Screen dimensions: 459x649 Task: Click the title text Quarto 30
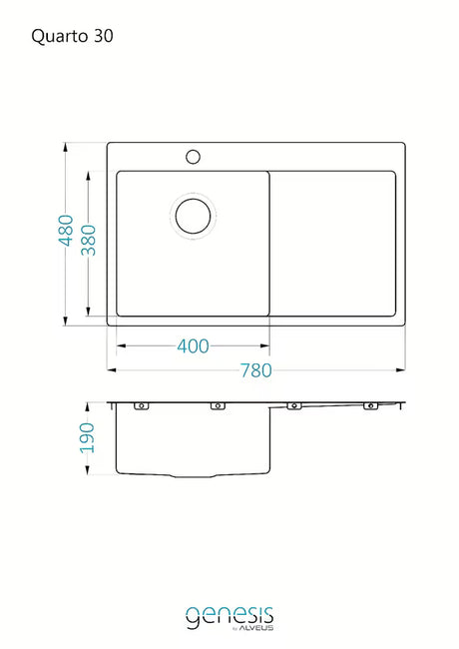(x=72, y=36)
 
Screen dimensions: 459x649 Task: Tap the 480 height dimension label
(x=66, y=230)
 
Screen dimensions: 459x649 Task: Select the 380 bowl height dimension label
(x=88, y=240)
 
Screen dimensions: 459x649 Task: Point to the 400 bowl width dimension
(x=193, y=346)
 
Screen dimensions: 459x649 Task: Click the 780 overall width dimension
(x=256, y=370)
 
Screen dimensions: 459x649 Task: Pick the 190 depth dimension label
(x=87, y=437)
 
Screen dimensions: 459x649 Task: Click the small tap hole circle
(x=194, y=157)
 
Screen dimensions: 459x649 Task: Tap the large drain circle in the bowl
(x=194, y=216)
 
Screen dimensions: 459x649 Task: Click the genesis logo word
(x=229, y=616)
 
